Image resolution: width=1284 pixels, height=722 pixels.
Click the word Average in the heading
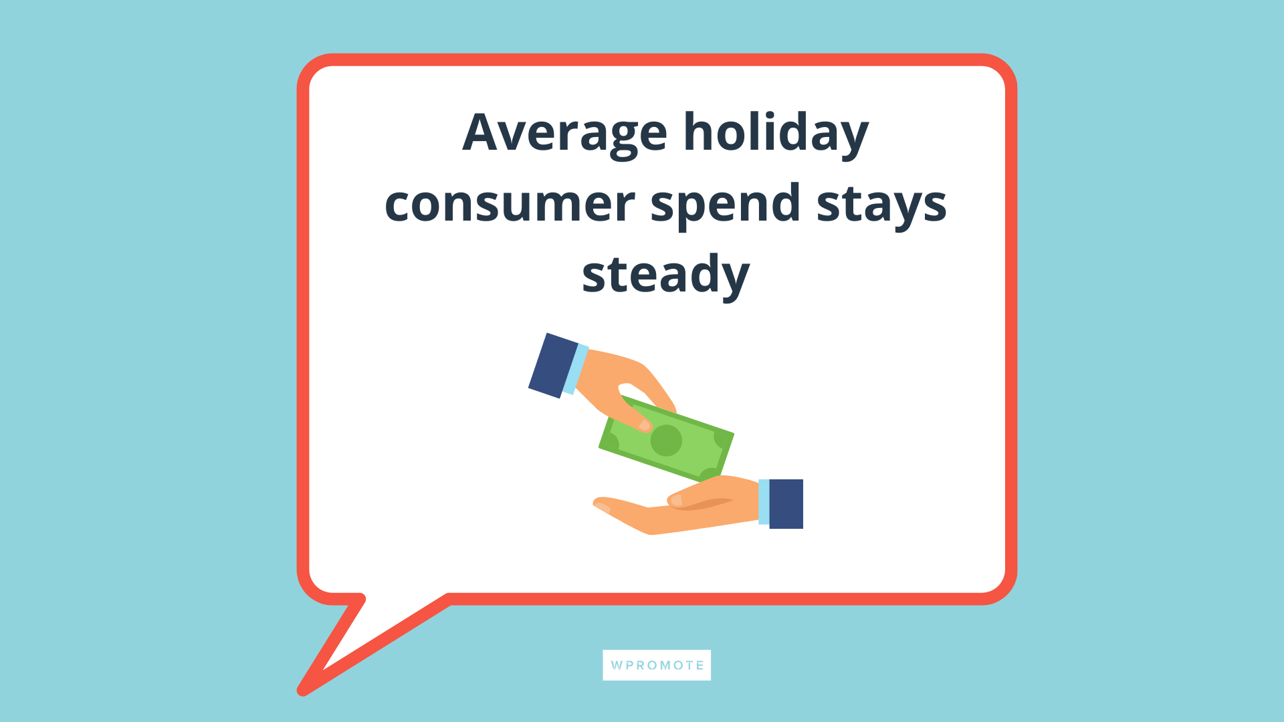click(x=564, y=133)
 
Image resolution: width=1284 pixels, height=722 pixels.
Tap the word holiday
click(x=775, y=133)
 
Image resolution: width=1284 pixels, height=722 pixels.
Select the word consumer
click(x=509, y=204)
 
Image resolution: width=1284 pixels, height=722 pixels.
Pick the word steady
click(x=665, y=275)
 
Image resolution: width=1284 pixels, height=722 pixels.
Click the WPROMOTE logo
click(x=657, y=665)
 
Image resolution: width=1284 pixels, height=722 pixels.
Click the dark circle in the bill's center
click(x=666, y=441)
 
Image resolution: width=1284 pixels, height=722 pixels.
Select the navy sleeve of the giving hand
click(x=552, y=365)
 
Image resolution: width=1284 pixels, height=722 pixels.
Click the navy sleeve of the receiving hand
click(x=786, y=504)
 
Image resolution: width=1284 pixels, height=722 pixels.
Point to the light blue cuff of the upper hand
click(x=575, y=370)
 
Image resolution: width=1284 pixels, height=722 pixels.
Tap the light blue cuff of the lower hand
click(x=764, y=502)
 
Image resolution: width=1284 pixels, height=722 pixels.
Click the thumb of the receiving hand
click(x=689, y=498)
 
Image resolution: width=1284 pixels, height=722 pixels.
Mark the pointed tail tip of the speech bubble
click(x=303, y=690)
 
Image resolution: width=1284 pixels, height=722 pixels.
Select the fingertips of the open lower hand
click(x=601, y=505)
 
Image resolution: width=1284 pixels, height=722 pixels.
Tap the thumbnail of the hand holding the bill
click(x=645, y=425)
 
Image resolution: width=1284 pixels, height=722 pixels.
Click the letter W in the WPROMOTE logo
click(x=616, y=666)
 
